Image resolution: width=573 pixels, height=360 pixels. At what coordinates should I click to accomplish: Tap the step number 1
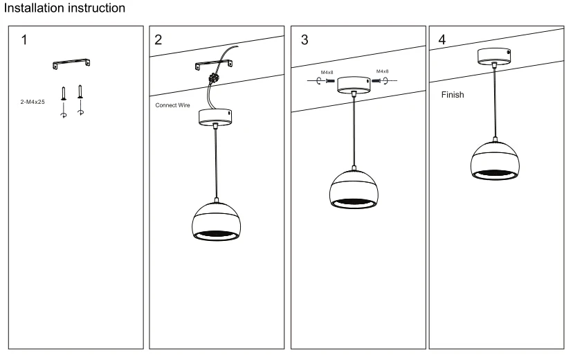point(24,39)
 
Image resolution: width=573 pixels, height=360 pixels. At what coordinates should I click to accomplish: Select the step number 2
point(159,39)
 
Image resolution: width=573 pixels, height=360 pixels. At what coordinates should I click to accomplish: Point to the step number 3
point(305,39)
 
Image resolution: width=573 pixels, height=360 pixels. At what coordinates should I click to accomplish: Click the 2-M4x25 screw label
point(33,101)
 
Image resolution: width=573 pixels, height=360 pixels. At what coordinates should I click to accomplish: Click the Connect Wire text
point(173,106)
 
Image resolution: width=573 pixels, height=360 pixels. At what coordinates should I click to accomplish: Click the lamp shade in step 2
point(217,220)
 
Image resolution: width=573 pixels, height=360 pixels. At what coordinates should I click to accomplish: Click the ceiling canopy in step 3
point(354,84)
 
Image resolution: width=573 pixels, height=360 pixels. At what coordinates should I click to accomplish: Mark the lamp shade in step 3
point(354,189)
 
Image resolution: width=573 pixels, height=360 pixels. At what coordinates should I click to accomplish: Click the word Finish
point(453,95)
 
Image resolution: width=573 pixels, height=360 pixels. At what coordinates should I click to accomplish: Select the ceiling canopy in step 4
point(494,55)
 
